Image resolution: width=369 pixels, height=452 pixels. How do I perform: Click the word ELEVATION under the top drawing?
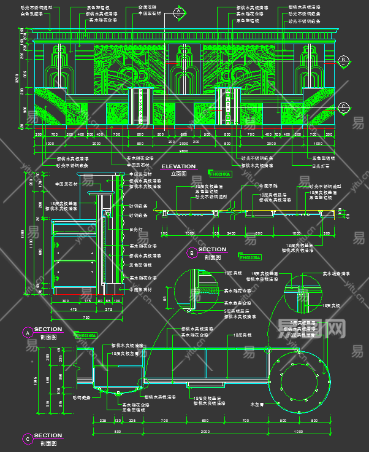point(178,166)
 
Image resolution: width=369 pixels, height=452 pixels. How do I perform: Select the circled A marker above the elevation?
point(178,12)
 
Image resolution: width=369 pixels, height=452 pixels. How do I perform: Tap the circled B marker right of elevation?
point(344,60)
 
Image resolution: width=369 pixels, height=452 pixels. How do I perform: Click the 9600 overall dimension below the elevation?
point(183,151)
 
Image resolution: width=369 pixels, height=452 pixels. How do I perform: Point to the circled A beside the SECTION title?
point(27,332)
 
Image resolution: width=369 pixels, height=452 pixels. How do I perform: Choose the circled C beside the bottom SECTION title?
point(27,438)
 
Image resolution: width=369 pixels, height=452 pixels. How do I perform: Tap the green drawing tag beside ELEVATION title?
point(219,174)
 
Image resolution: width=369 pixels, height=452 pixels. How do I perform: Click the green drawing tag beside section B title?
point(249,257)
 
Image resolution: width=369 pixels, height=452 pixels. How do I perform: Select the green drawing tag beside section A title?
point(86,335)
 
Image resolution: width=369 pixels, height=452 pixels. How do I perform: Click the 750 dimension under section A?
point(86,318)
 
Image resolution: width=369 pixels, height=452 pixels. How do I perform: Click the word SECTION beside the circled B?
point(212,249)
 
